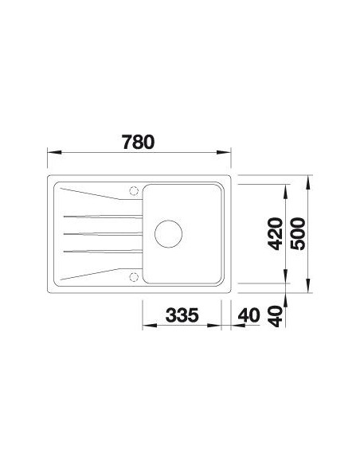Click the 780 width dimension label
point(139,143)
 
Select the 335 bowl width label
point(182,315)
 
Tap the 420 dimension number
point(275,234)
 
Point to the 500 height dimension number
point(298,234)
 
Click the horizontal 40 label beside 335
point(249,315)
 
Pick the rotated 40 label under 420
point(275,316)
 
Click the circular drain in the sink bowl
point(168,234)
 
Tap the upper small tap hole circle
point(134,191)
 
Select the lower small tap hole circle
point(134,277)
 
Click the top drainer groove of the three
point(103,217)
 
